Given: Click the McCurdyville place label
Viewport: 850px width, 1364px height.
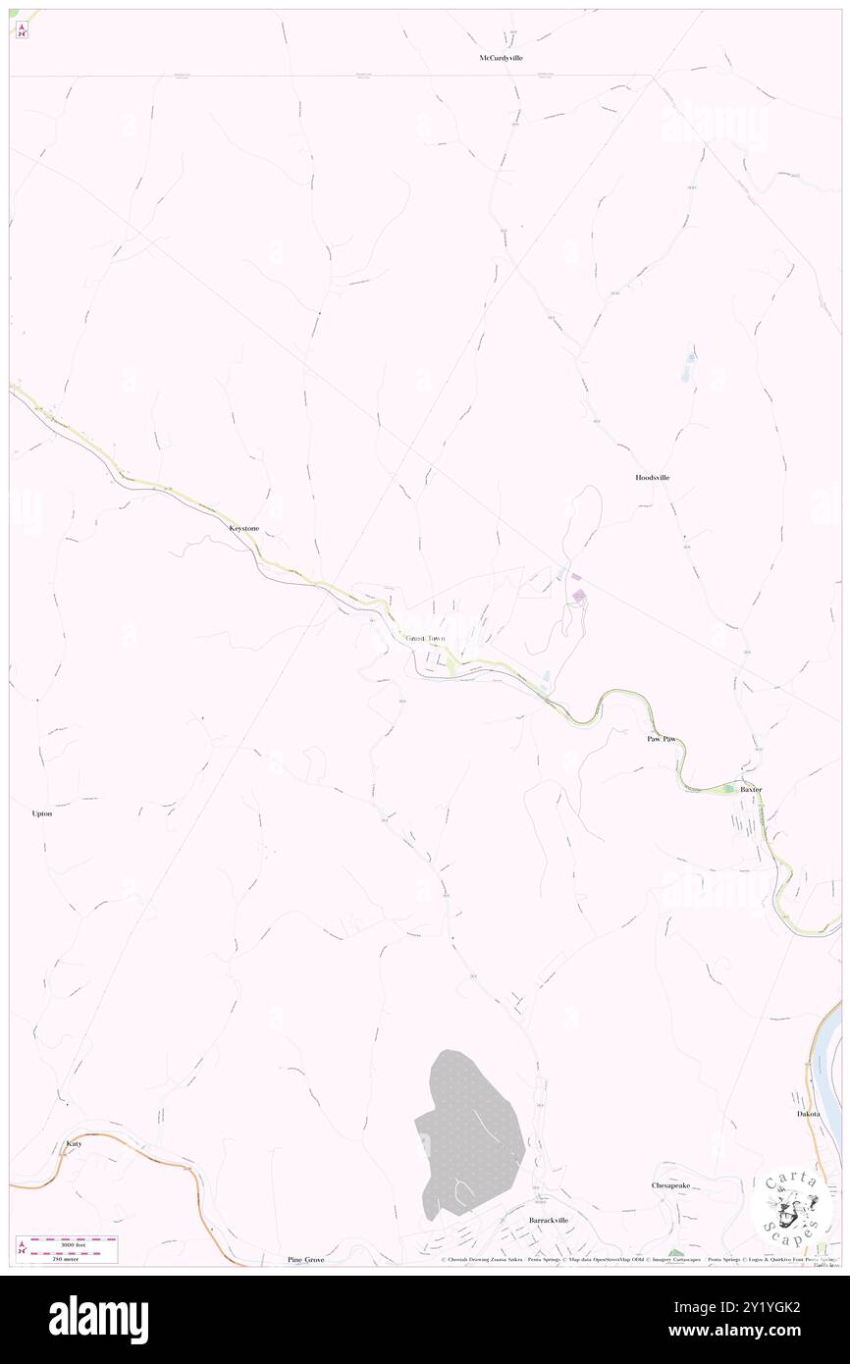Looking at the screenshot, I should coord(501,59).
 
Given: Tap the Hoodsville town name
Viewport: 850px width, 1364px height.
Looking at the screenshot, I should coord(652,477).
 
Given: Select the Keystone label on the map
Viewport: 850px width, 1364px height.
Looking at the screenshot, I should coord(243,528).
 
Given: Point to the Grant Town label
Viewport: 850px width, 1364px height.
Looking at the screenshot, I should coord(425,639).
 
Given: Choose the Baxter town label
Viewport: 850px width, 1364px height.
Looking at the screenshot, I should coord(751,789).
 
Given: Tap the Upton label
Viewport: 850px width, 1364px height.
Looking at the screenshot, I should coord(42,813).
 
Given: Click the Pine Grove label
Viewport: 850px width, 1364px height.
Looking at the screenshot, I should coord(305,1259).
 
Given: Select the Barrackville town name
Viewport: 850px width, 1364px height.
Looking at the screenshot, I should coord(549,1220).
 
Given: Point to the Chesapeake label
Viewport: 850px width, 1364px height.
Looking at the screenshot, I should coord(671,1185).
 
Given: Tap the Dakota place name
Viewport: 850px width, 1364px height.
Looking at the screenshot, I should coord(808,1114).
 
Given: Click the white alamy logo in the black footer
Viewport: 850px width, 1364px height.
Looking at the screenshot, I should coord(98,1320).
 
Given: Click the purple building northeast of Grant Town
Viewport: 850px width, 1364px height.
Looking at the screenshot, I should coord(579,595).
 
